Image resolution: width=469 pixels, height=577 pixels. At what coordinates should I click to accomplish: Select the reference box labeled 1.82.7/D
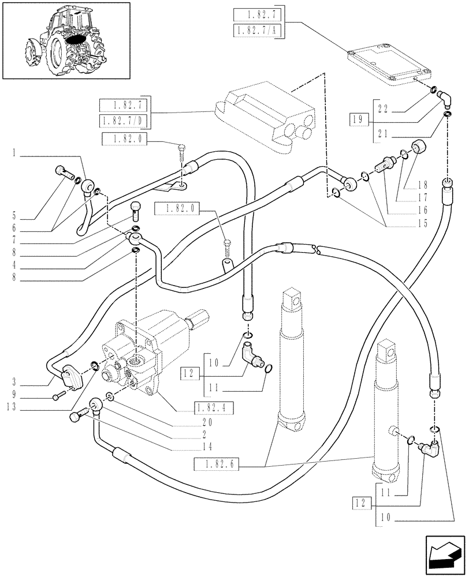click(124, 121)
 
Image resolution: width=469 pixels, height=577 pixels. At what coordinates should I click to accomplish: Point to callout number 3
click(12, 382)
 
